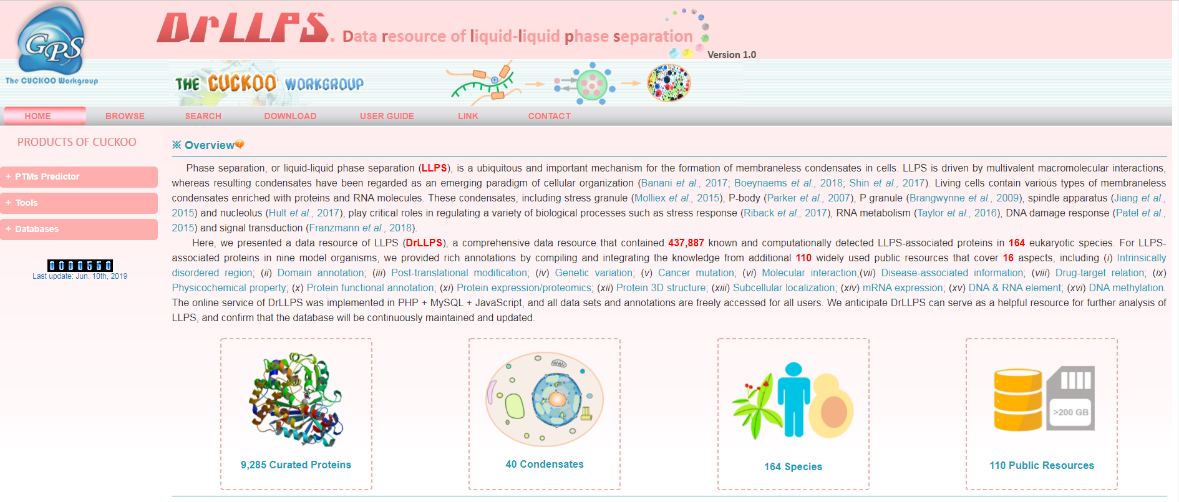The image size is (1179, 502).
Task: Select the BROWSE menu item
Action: pos(125,116)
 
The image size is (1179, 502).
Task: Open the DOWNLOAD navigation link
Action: pos(290,116)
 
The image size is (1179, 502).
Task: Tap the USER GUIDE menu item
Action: pos(387,116)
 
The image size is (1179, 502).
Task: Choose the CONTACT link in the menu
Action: pos(550,116)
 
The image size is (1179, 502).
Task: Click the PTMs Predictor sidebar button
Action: pos(79,176)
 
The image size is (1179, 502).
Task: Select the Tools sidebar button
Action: pos(79,203)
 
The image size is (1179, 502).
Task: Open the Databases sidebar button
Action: pos(79,229)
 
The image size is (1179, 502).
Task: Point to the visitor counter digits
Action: pos(80,266)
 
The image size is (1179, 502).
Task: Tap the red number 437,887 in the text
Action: pos(686,243)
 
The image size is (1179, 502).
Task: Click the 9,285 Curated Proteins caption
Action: pos(296,465)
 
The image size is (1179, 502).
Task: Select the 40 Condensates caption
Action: pos(545,465)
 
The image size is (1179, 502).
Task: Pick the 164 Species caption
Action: pos(793,466)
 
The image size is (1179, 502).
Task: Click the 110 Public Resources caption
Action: pos(1041,465)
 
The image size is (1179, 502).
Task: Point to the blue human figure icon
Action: pos(793,400)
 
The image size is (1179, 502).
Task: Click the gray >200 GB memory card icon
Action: pos(1070,398)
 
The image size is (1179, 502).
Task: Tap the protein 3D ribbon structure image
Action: pos(295,400)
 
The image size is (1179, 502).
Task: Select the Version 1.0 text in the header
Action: pos(732,55)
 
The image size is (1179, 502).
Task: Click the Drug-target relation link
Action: pos(1100,273)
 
